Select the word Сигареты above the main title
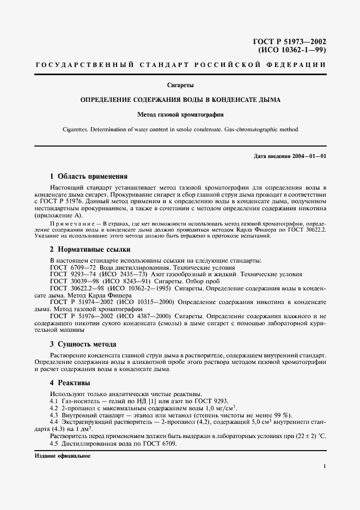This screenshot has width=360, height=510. [180, 85]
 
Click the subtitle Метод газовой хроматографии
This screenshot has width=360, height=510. [180, 115]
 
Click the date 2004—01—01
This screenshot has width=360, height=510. [308, 156]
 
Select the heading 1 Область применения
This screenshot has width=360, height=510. [88, 177]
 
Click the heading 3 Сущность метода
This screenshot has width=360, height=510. [83, 344]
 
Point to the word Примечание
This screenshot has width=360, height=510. [71, 224]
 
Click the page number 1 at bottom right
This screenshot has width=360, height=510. [324, 466]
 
